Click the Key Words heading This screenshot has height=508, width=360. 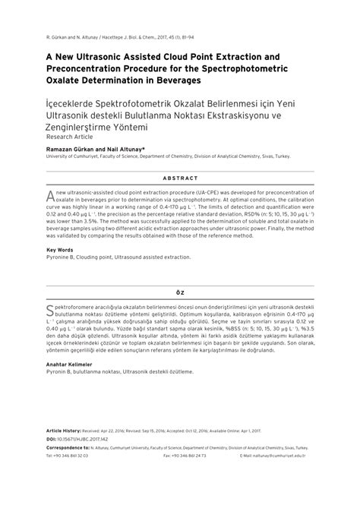61,250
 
